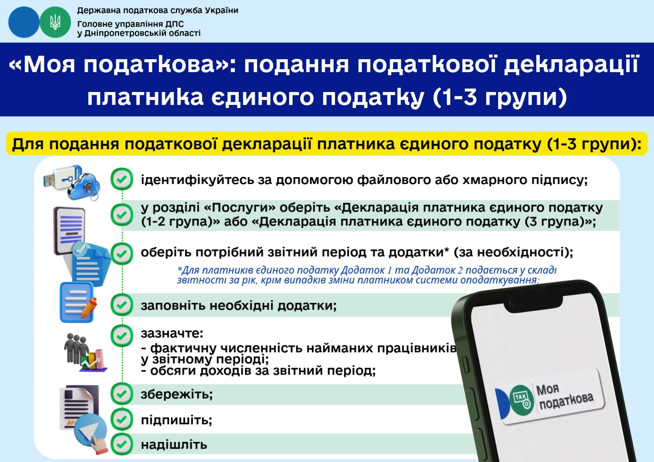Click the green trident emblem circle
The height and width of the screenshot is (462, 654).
(55, 22)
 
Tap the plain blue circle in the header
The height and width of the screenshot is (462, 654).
(24, 22)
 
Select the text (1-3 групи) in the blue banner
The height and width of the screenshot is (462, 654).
(500, 97)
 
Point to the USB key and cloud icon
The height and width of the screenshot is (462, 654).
(72, 183)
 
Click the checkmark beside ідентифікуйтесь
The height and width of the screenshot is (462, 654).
(122, 179)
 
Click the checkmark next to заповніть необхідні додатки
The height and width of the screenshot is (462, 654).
(122, 305)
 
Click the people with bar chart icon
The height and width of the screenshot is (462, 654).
(85, 352)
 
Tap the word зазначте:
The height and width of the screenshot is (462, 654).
(172, 333)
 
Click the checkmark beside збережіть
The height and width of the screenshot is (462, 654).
(122, 394)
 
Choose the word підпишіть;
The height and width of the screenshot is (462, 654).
(176, 420)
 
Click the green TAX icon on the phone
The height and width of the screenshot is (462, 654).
(522, 398)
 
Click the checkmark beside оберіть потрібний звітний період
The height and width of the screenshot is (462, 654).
(122, 253)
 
